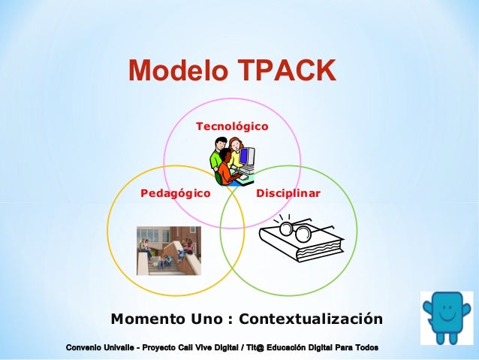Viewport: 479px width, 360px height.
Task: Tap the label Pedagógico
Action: coord(176,193)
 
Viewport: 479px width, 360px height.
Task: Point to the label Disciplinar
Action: coord(288,193)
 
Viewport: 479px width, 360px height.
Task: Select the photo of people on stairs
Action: coord(169,250)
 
